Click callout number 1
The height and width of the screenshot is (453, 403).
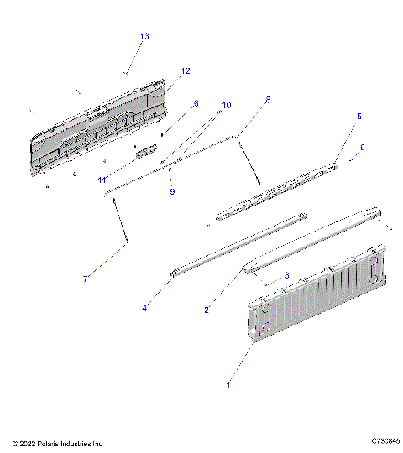pos(228,384)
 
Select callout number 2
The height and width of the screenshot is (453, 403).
pos(207,310)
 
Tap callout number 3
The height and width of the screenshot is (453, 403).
pos(286,274)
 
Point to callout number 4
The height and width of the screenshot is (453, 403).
pos(144,308)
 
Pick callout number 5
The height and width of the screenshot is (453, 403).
pos(359,117)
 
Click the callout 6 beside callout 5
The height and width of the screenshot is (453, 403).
pos(362,147)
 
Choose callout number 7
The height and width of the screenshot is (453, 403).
pos(85,279)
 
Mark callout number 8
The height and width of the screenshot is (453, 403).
pos(268,99)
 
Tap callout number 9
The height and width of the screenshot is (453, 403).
pos(171,191)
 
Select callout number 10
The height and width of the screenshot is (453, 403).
pos(226,105)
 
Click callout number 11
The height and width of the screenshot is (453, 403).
pos(101,180)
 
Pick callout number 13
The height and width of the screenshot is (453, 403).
pos(144,36)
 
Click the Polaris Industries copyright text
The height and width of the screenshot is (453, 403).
pos(57,442)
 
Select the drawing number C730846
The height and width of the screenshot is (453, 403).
pos(383,440)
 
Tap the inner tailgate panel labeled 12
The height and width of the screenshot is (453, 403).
pos(101,126)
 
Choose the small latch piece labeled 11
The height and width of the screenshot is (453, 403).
pos(147,151)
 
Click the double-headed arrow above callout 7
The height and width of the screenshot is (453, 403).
pos(119,220)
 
